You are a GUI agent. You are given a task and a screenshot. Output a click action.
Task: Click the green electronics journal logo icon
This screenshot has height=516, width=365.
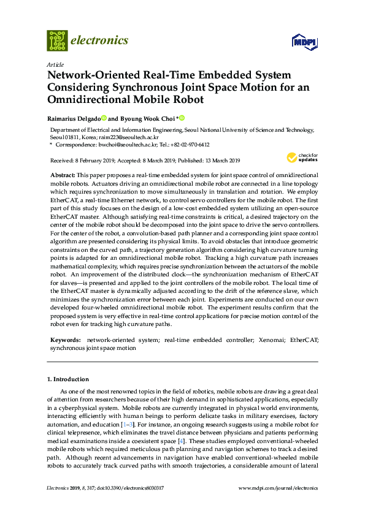57,40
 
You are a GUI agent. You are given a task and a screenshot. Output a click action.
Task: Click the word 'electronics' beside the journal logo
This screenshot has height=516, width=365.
100,40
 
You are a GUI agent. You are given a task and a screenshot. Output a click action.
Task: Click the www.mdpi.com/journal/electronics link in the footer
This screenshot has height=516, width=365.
278,488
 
